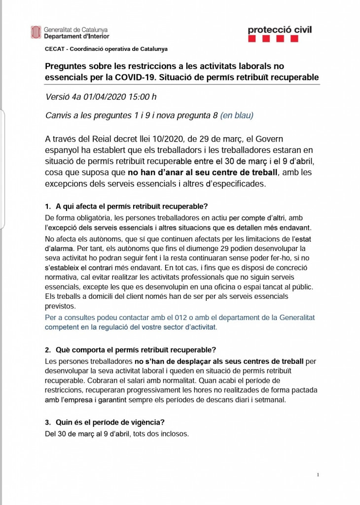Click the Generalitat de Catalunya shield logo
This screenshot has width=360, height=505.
coord(36,33)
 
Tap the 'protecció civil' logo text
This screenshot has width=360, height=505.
coord(280,30)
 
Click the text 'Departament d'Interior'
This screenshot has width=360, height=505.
coord(76,36)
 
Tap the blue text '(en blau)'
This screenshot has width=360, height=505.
coord(237,116)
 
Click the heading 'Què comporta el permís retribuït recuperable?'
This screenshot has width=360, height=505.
coord(136,350)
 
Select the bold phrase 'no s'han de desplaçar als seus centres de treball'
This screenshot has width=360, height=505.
coord(219,361)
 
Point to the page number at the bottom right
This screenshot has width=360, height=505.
coord(318,474)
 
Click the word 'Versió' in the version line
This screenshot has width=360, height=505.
coord(57,96)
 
